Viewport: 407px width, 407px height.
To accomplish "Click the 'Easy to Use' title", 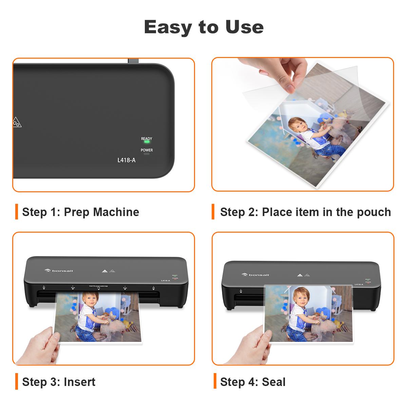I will (203, 27).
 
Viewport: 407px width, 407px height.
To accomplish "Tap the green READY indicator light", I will (147, 142).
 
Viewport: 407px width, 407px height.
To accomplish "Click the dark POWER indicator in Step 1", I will (147, 154).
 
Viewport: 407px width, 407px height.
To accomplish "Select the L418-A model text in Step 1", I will (126, 160).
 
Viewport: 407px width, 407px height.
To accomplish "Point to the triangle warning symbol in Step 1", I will (16, 122).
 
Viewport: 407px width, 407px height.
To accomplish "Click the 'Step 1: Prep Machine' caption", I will (80, 212).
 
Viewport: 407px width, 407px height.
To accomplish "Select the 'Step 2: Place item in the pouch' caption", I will (305, 212).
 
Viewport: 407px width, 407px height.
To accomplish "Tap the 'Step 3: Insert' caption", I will (59, 382).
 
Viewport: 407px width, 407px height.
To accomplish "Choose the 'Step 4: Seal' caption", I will (253, 382).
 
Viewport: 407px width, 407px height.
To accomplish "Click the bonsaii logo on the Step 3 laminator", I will (59, 270).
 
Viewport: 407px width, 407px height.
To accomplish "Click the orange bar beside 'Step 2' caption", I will (213, 212).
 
